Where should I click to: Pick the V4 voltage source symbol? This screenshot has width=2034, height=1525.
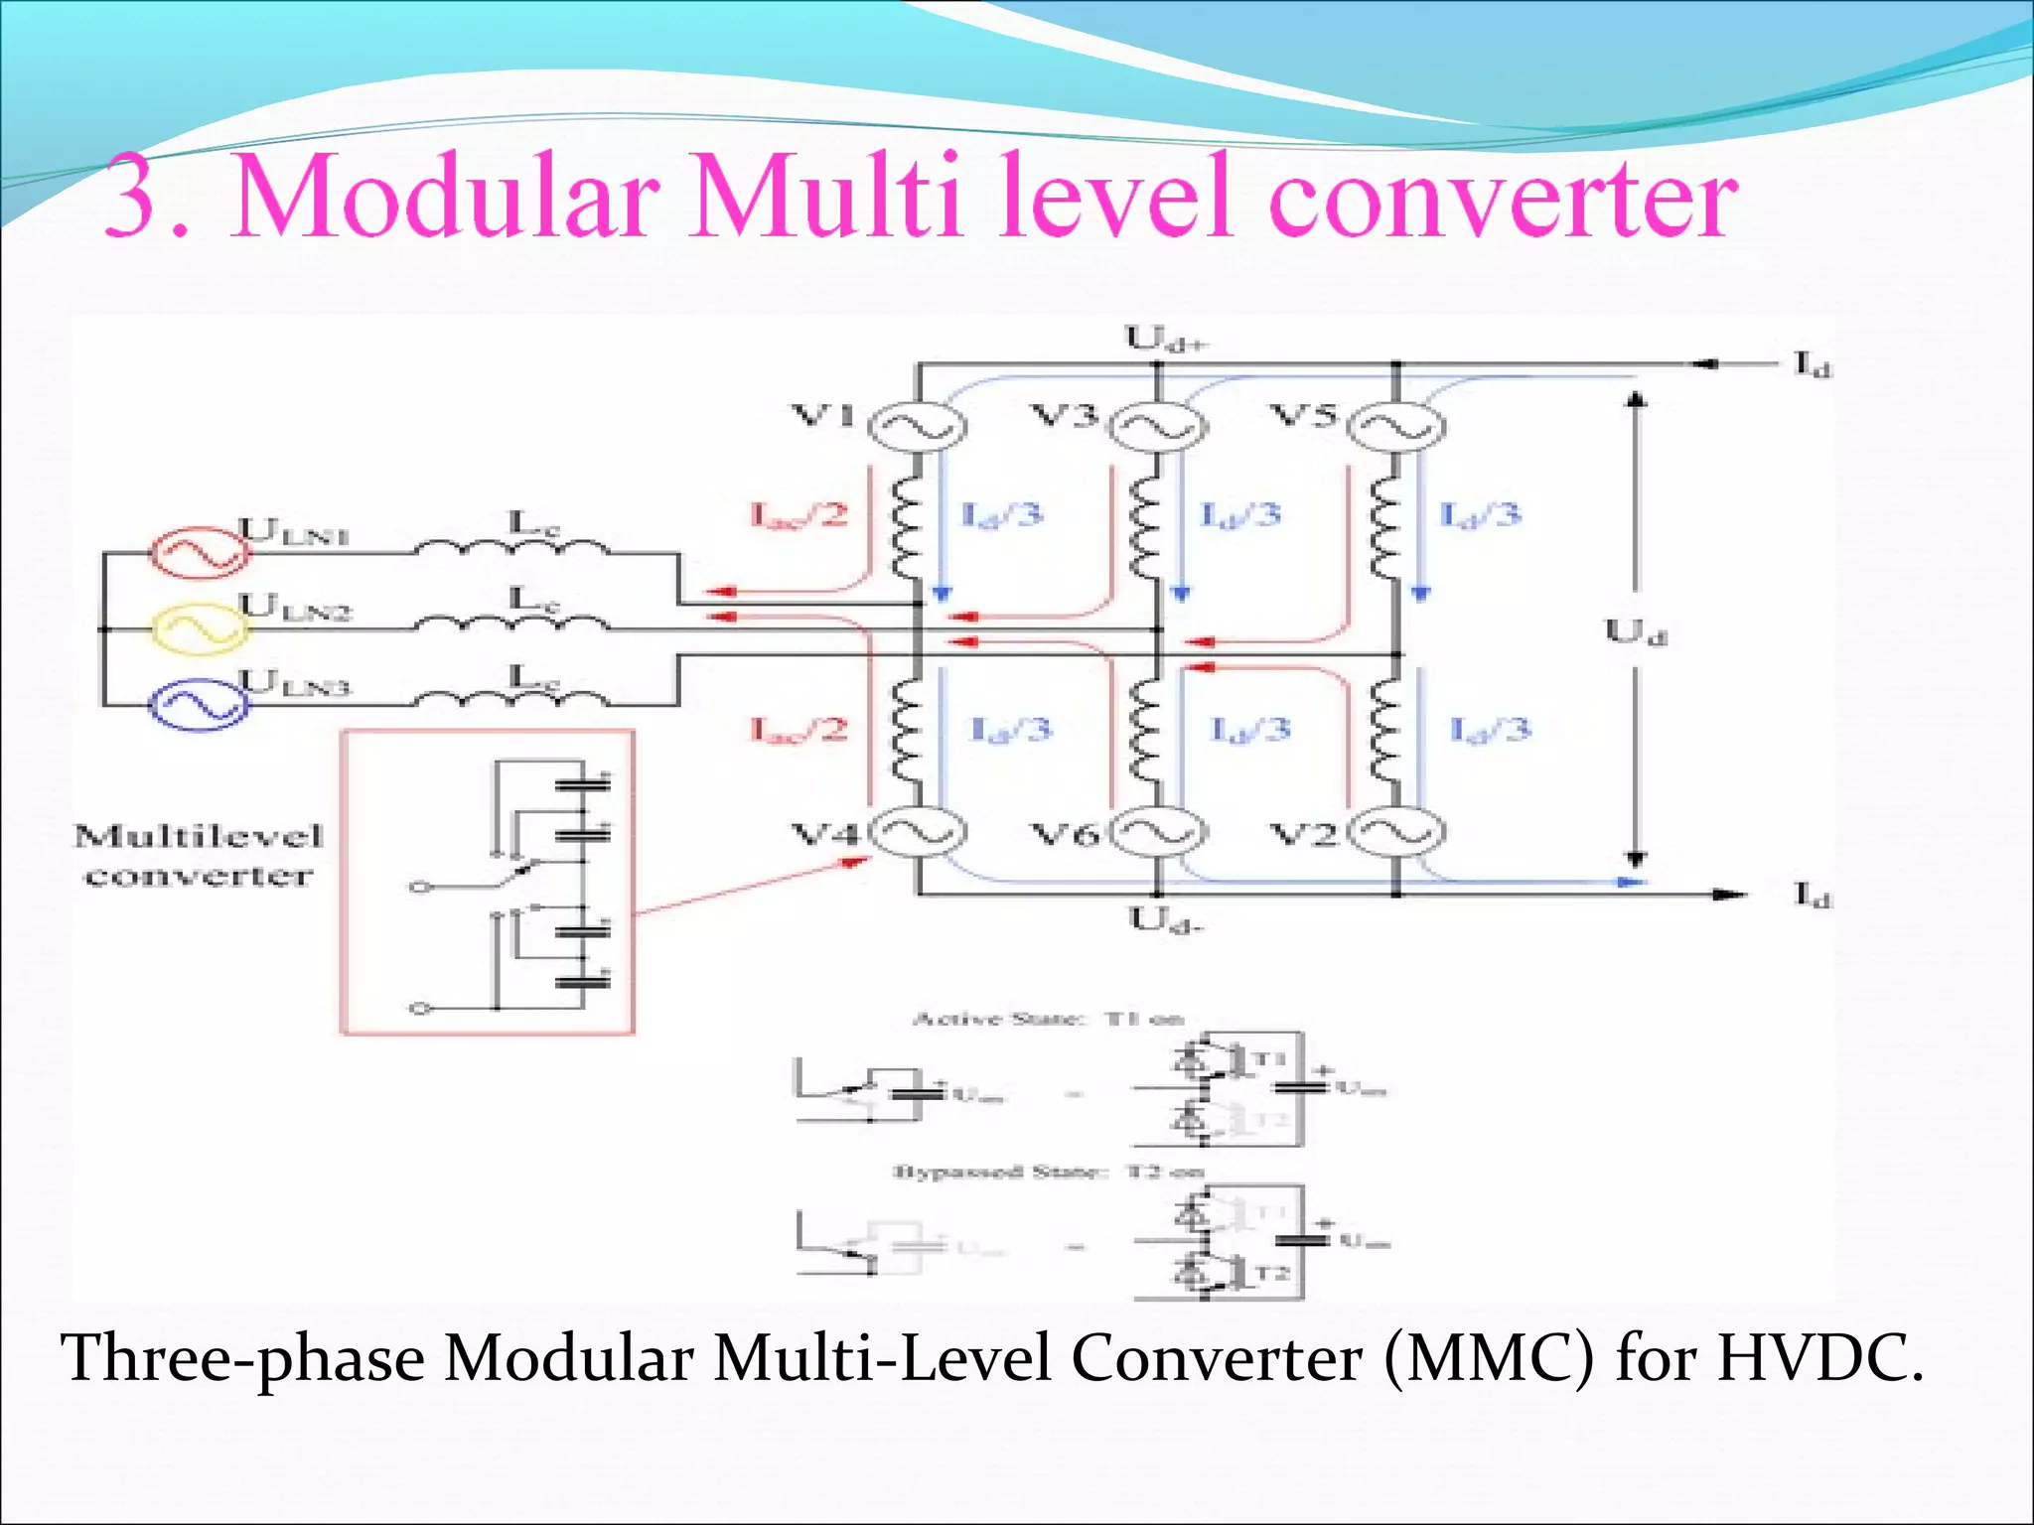(916, 833)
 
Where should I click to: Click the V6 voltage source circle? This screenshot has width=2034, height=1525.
(1157, 833)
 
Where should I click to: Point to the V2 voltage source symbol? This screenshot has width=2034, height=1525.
(1397, 833)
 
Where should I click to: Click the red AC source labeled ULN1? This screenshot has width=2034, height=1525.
(199, 552)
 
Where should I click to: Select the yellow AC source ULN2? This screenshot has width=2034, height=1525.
(199, 628)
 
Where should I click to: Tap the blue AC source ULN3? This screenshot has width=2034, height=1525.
(199, 704)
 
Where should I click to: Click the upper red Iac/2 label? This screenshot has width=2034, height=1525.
(799, 514)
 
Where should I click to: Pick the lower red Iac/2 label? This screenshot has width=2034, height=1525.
(799, 731)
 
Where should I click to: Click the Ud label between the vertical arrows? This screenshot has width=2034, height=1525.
(1635, 631)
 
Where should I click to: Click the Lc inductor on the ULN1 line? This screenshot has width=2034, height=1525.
(511, 546)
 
